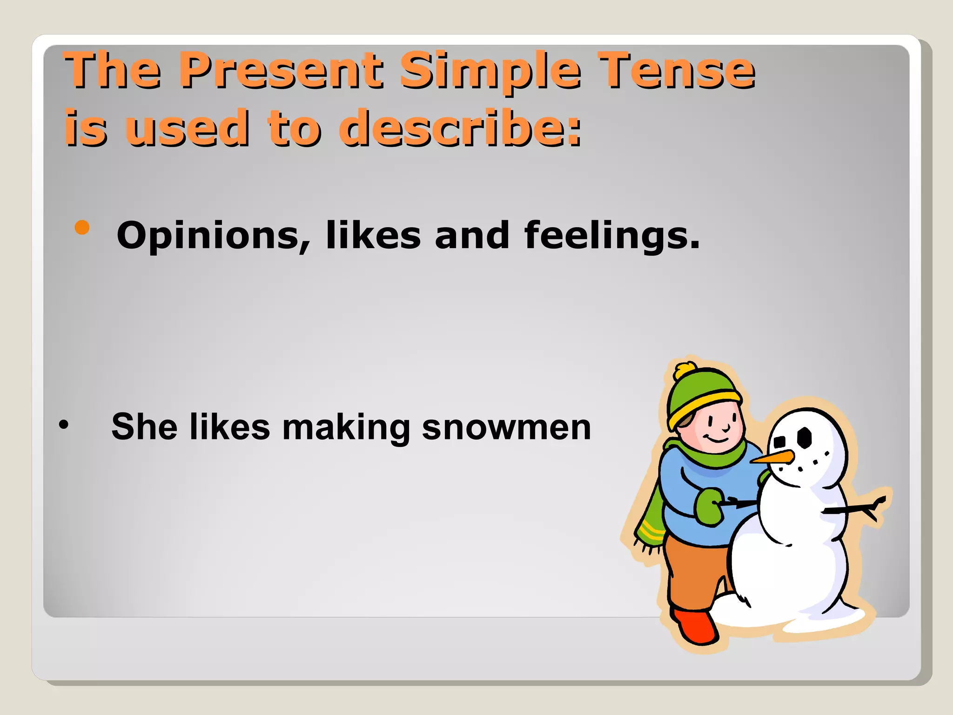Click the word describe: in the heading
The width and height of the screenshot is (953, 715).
point(461,128)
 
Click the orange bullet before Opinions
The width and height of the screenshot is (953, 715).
point(82,228)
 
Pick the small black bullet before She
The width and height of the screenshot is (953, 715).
point(64,425)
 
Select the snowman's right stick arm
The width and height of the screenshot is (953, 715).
point(856,508)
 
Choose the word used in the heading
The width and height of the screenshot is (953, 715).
point(188,128)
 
